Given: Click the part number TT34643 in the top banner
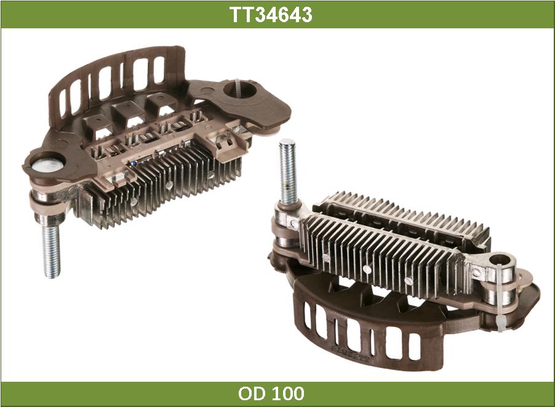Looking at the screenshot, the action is point(271,15).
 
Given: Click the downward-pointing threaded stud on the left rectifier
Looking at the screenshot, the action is point(51,251).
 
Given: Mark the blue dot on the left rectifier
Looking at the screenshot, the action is point(134,163).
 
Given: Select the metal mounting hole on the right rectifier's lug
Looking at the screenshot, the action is point(501,262).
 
